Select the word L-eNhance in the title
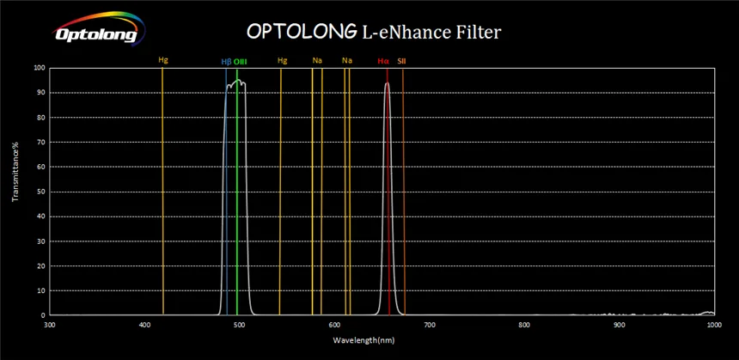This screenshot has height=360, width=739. (394, 31)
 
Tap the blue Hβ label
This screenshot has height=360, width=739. (226, 61)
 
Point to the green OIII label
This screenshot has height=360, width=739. (241, 61)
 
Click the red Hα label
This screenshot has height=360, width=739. (383, 61)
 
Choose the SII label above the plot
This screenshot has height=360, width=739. (401, 61)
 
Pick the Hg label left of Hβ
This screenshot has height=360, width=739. (163, 60)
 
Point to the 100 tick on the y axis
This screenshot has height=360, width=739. (38, 68)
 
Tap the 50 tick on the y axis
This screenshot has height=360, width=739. (40, 192)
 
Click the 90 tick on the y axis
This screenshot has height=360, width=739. (40, 93)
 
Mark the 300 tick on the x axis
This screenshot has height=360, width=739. (49, 324)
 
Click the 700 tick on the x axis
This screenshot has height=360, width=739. (430, 324)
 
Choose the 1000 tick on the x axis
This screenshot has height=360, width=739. (713, 324)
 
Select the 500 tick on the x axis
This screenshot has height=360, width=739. (239, 324)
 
